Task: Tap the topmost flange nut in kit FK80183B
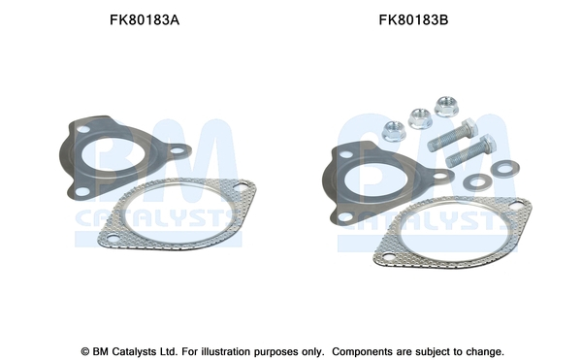coord(446,106)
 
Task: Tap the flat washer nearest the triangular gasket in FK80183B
coord(474,181)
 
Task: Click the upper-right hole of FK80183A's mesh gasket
coord(237,190)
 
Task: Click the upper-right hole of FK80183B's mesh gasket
coord(518,206)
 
